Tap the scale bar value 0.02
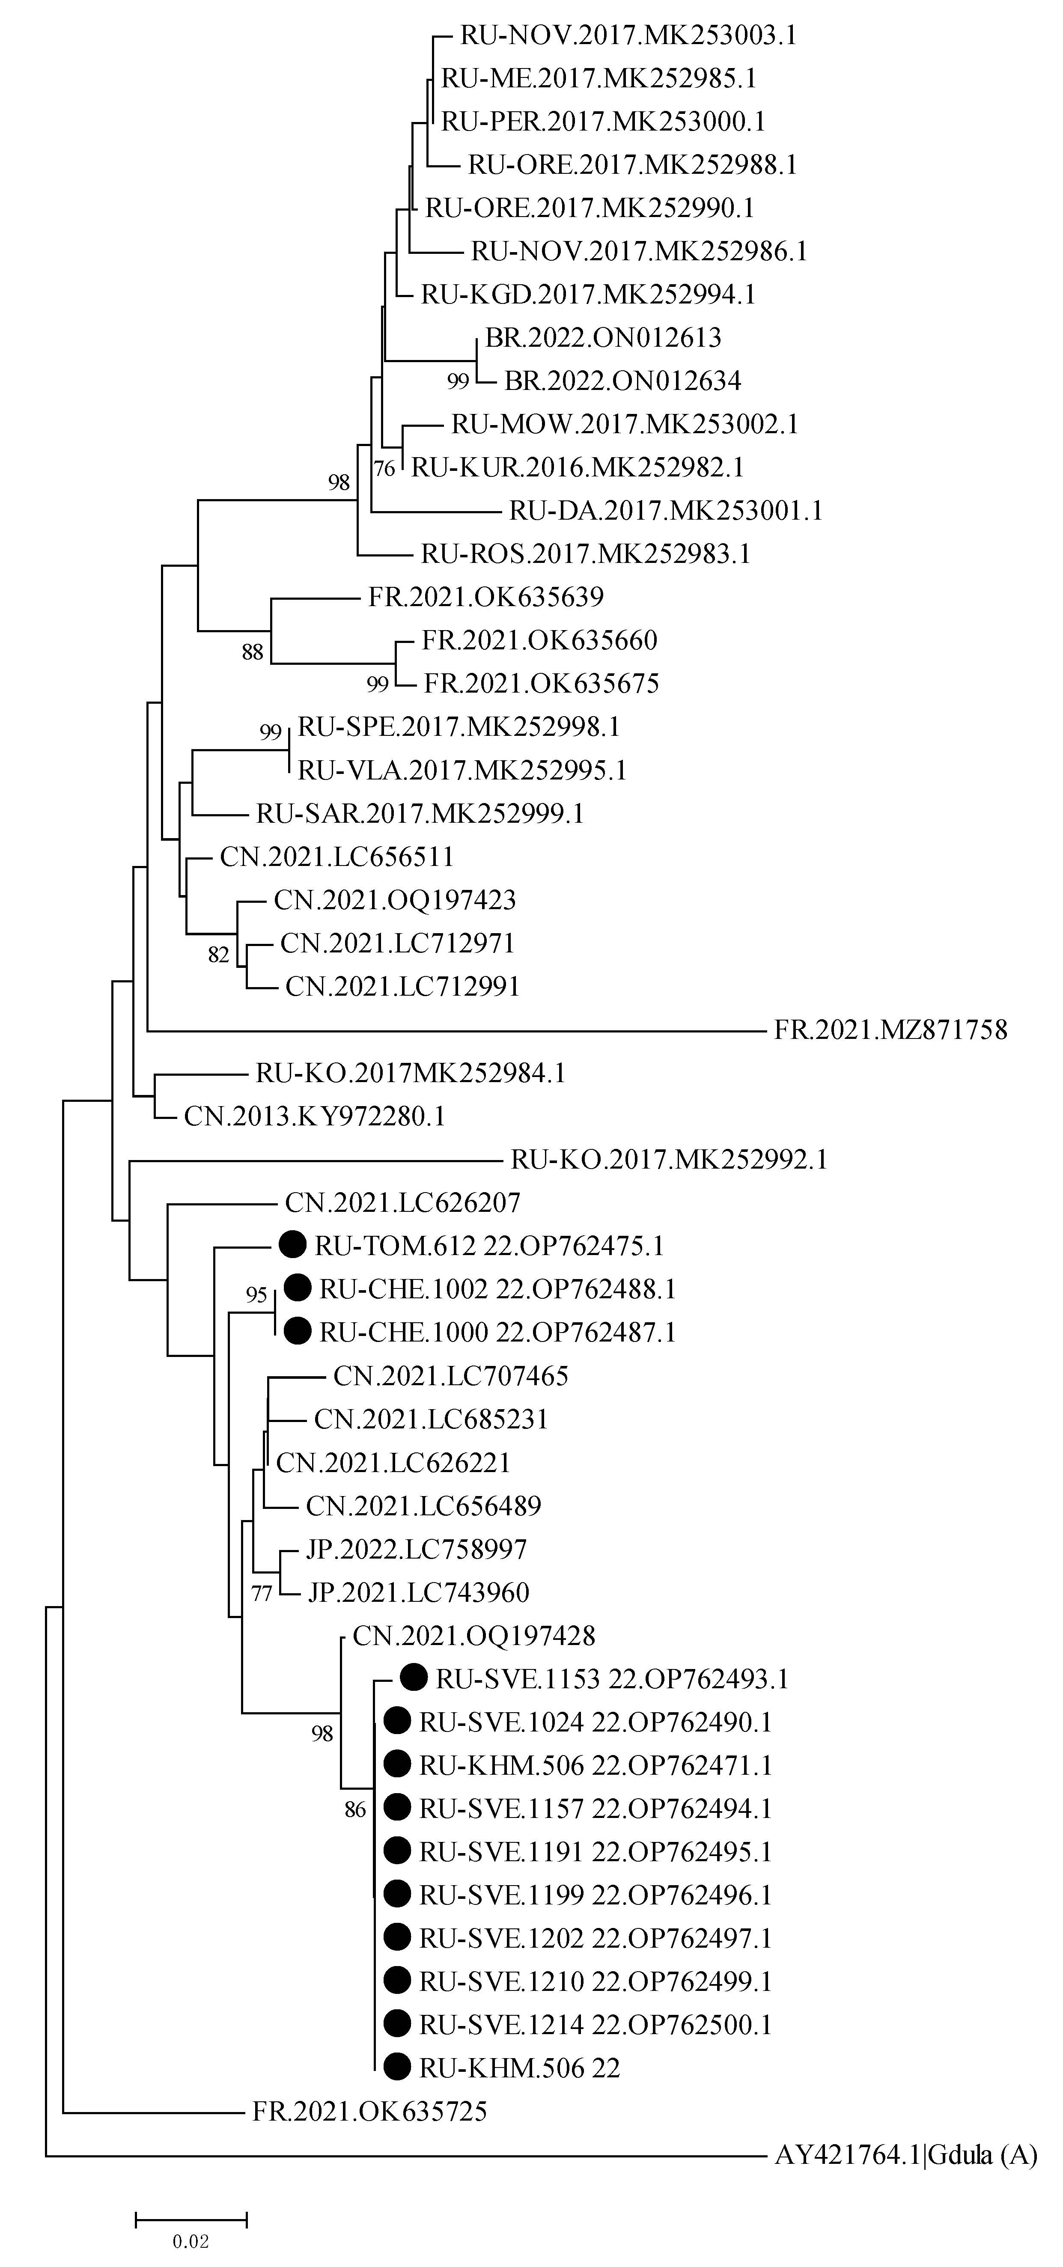pos(191,2240)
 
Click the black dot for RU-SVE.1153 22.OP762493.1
pos(414,1678)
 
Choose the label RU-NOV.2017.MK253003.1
pos(628,35)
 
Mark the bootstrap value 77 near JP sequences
pos(261,1594)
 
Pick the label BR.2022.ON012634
pos(622,381)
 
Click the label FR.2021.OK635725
pos(369,2111)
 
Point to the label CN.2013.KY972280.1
pos(314,1116)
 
